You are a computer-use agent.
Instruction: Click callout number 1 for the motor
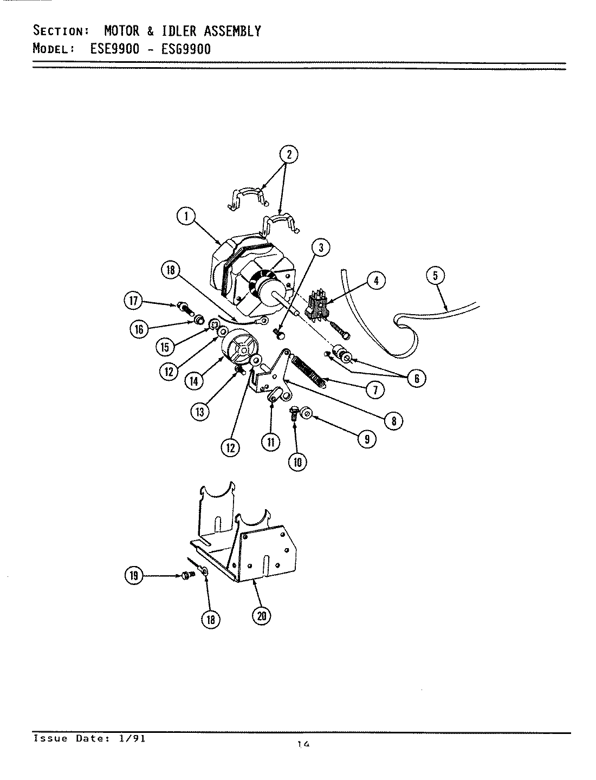185,217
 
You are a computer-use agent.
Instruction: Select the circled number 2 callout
289,154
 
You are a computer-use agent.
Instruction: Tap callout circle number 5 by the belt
436,276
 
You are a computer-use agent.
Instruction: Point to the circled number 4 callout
375,281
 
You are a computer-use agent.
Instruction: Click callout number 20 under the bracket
262,616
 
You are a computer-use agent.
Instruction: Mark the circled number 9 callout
367,439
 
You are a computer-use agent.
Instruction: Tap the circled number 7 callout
375,389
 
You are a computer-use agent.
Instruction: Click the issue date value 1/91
134,738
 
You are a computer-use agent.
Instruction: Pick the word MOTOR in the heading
121,31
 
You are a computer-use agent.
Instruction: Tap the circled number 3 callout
321,248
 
